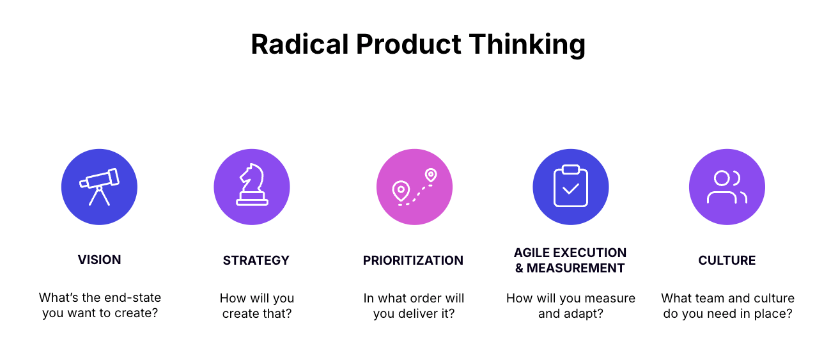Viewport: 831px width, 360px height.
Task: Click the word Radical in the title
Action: [300, 44]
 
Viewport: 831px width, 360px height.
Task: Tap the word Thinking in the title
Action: [527, 45]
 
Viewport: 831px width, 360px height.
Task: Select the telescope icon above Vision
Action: [100, 187]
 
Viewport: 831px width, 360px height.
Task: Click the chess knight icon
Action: [252, 184]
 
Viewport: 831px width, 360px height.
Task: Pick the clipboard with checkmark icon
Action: [571, 186]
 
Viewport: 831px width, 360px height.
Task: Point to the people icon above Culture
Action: [727, 187]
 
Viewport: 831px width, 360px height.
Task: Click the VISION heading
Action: [100, 260]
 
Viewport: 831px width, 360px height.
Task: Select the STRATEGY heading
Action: [256, 260]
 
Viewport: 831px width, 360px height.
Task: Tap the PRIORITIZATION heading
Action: [414, 260]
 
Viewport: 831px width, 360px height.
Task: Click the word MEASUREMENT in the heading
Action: [575, 268]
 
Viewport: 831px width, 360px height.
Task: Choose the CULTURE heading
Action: [727, 260]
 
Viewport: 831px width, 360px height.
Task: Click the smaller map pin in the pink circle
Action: [431, 175]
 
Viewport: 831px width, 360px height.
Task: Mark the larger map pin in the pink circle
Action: [401, 191]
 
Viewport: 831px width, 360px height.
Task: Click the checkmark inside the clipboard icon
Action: [571, 189]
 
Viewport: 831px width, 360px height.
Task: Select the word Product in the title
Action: [408, 44]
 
